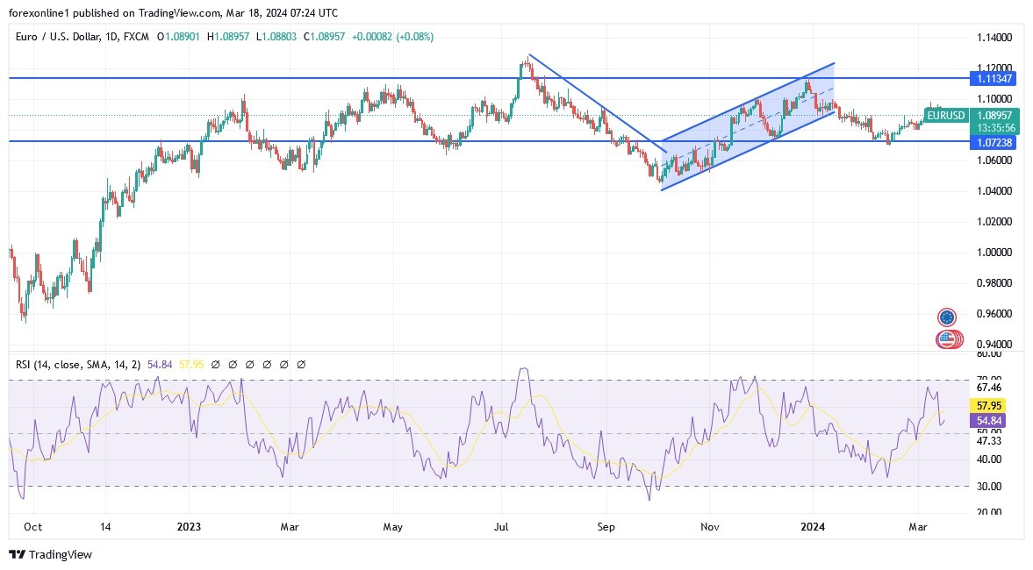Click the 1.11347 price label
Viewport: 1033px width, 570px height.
pyautogui.click(x=996, y=79)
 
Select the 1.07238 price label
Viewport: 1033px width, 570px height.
pyautogui.click(x=996, y=142)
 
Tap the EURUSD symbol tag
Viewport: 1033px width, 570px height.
pyautogui.click(x=946, y=115)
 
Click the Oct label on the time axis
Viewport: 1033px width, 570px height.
pyautogui.click(x=33, y=527)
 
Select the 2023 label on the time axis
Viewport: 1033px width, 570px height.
pyautogui.click(x=189, y=527)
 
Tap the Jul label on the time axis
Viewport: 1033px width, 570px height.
pyautogui.click(x=502, y=527)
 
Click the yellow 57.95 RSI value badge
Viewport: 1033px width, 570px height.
pyautogui.click(x=990, y=406)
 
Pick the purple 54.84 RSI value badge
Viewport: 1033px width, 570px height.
pyautogui.click(x=990, y=421)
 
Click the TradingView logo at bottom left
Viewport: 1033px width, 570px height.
pyautogui.click(x=50, y=554)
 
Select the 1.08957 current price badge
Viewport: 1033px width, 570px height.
pyautogui.click(x=996, y=115)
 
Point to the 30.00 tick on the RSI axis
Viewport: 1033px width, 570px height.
pyautogui.click(x=989, y=487)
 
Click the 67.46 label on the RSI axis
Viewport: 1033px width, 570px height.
pyautogui.click(x=989, y=387)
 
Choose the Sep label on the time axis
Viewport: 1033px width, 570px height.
pyautogui.click(x=606, y=527)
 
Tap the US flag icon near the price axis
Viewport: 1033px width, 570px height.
pyautogui.click(x=946, y=338)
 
